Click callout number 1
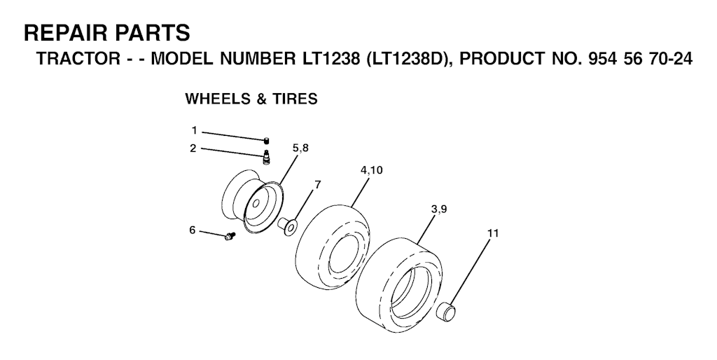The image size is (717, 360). click(194, 131)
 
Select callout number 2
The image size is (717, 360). click(193, 148)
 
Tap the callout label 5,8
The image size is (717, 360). click(300, 148)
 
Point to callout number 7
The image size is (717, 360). click(317, 184)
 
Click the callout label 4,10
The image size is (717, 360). click(371, 170)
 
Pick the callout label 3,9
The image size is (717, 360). click(439, 209)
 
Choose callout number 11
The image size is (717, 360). click(493, 233)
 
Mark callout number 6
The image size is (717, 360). click(193, 230)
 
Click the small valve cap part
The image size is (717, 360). click(266, 141)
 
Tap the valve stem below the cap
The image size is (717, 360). click(266, 156)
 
